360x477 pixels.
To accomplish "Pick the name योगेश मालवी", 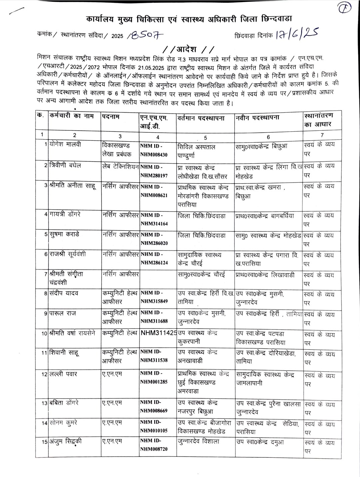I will (x=65, y=145).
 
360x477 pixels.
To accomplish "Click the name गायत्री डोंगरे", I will (x=65, y=214).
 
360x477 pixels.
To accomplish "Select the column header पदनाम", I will (x=111, y=117).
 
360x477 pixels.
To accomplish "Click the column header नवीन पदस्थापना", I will (x=257, y=118).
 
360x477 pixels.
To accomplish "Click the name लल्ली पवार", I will (x=63, y=374).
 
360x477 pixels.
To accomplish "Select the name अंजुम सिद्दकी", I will (x=65, y=442).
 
